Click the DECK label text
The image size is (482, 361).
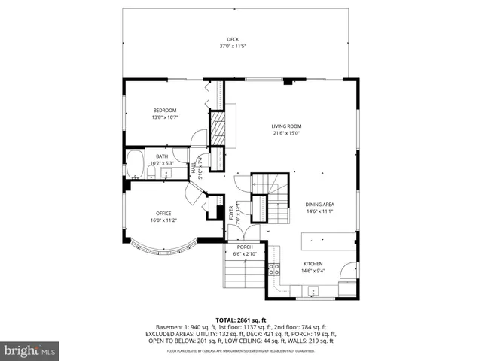point(233,39)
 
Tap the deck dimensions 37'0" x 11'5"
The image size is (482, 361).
point(233,46)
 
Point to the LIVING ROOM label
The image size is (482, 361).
point(286,126)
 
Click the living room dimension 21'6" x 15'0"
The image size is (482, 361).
point(286,133)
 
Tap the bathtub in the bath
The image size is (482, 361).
point(136,163)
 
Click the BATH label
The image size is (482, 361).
point(162,157)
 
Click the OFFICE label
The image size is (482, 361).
point(164,213)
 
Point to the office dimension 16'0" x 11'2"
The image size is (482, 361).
point(164,220)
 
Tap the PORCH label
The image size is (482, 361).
point(245,247)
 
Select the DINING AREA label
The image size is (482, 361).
point(319,205)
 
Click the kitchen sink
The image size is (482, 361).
point(316,291)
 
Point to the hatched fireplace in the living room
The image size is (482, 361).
point(217,128)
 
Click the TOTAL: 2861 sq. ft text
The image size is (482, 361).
point(241,320)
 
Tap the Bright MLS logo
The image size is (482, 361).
point(30,350)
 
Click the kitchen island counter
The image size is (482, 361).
point(327,240)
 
